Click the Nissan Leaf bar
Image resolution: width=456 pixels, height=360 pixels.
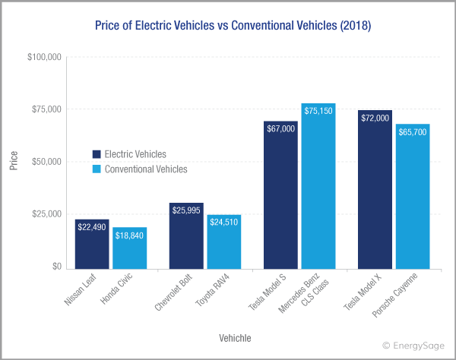pos(92,244)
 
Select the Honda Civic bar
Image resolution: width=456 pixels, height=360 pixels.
pos(129,248)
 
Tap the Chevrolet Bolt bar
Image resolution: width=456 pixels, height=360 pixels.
pos(186,236)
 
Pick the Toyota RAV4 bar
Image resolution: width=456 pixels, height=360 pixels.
pos(223,242)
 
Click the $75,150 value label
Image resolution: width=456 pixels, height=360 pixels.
pos(318,111)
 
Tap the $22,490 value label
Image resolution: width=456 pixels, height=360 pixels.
pos(92,226)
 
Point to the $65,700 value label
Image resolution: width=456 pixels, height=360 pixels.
pos(413,131)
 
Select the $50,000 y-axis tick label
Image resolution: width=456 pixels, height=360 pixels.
pos(45,163)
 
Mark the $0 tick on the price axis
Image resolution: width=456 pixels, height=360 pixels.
pos(55,267)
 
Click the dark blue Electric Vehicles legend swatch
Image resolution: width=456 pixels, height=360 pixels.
pos(97,153)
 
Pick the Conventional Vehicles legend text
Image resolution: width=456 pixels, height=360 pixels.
pos(145,169)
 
